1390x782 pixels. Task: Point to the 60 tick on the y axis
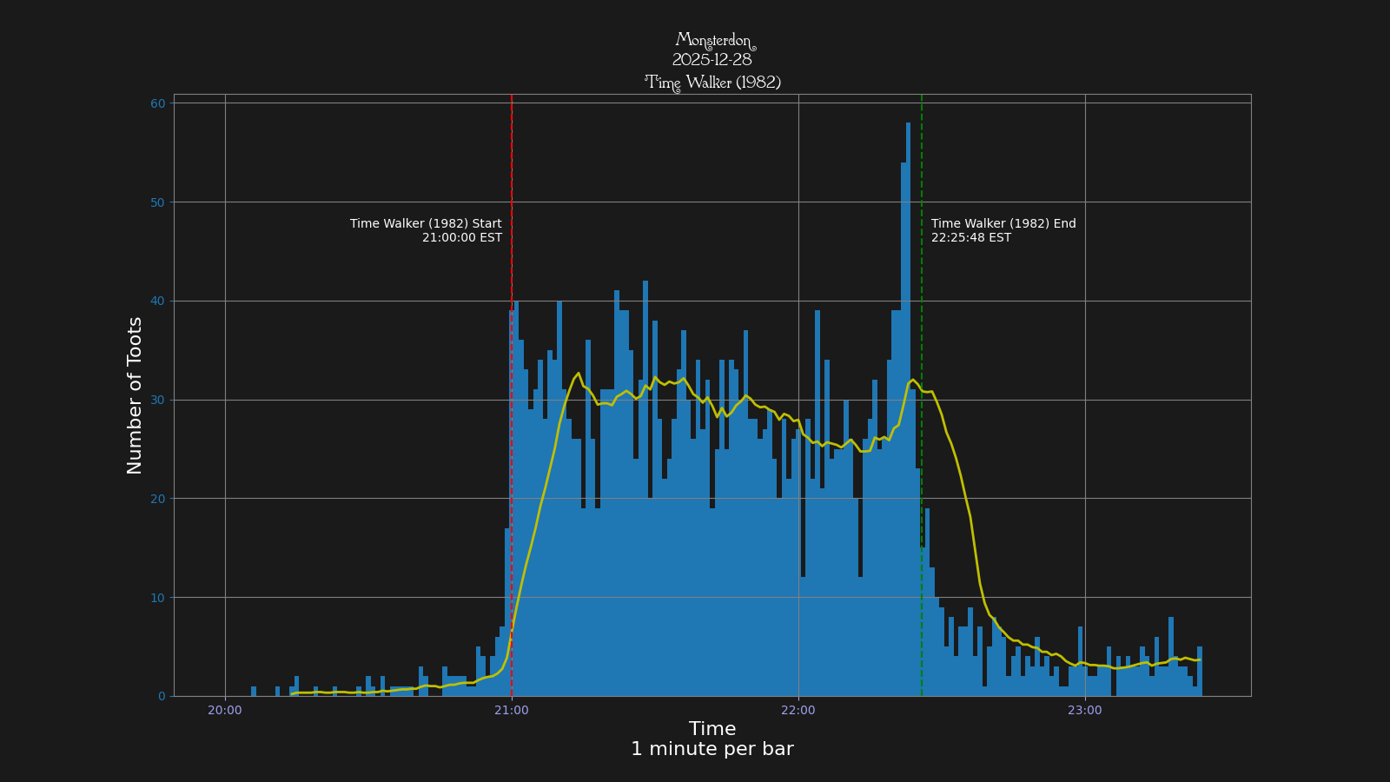point(157,103)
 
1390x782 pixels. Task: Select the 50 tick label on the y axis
point(157,202)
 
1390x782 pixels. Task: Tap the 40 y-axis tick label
point(157,302)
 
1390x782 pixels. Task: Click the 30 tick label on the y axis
point(157,400)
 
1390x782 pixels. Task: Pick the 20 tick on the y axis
point(157,499)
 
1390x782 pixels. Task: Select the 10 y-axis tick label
point(157,598)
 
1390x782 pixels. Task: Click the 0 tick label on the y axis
point(162,696)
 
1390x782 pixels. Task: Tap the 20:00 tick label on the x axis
point(225,710)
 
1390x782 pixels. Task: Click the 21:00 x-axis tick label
point(512,710)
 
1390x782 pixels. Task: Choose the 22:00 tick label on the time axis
point(798,710)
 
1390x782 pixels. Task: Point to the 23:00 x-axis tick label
point(1085,710)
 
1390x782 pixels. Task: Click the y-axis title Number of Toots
point(135,395)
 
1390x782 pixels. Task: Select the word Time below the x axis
point(712,729)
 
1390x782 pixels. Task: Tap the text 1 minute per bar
point(712,749)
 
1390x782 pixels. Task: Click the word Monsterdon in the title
point(714,41)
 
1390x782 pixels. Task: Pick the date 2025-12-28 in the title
point(712,61)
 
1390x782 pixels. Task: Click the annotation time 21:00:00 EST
point(461,238)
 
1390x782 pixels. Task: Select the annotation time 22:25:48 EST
point(971,238)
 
